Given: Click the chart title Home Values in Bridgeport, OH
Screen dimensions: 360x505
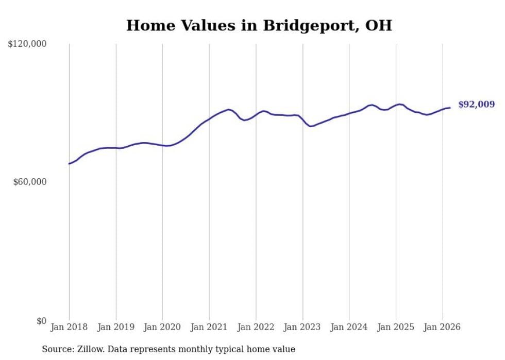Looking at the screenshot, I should click(x=259, y=25).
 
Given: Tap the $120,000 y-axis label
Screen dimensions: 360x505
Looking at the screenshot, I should click(x=27, y=44).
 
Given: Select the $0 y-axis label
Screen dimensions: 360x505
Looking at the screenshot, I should click(x=41, y=321).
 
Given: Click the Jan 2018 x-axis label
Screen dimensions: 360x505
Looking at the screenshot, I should click(x=69, y=327).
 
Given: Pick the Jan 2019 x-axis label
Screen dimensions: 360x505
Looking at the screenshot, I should click(x=115, y=327).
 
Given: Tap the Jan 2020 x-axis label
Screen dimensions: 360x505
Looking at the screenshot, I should click(x=162, y=327).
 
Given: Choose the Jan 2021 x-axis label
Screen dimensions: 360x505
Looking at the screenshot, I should click(x=209, y=327).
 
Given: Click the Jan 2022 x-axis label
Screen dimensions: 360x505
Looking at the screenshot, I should click(x=256, y=327).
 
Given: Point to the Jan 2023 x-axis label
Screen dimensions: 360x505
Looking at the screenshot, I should click(x=302, y=327).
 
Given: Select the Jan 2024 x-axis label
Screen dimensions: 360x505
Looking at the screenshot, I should click(x=349, y=327).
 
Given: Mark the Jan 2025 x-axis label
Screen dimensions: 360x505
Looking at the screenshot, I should click(x=396, y=327).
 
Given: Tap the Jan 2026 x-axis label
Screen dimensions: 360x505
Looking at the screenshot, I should click(x=442, y=327).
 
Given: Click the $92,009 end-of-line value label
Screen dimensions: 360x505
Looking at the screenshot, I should click(x=476, y=105).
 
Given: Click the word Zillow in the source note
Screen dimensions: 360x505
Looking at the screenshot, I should click(x=89, y=349).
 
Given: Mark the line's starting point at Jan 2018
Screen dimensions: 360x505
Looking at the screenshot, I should click(x=69, y=164).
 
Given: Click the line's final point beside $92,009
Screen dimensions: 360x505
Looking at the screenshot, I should click(x=450, y=108).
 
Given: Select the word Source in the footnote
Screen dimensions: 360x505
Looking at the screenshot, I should click(x=56, y=349).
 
